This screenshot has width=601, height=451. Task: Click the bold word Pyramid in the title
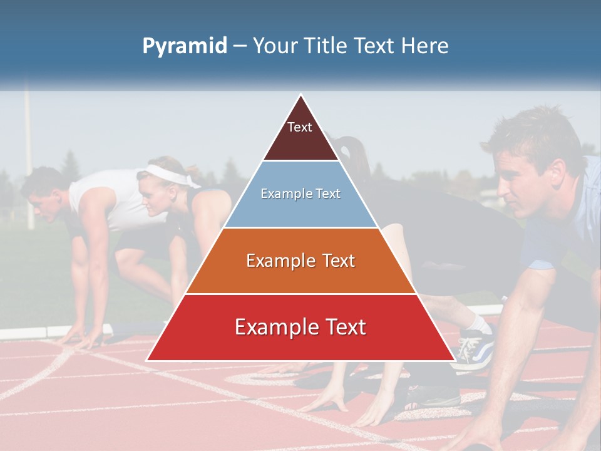(184, 46)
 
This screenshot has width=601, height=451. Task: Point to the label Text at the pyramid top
(300, 127)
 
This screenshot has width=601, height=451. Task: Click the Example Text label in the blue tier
(300, 194)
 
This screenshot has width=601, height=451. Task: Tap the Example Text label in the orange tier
(300, 261)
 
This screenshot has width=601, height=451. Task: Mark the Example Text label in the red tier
(300, 327)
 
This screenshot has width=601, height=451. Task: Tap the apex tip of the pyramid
(301, 96)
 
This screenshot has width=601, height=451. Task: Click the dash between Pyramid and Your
(240, 46)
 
